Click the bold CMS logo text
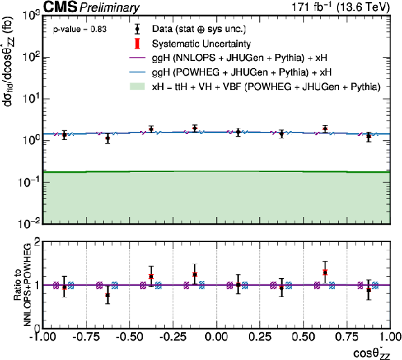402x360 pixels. (60, 7)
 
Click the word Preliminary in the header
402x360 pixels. (110, 8)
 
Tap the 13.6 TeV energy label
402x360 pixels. (363, 7)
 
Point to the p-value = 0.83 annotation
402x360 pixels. (80, 29)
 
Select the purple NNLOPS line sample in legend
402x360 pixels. (137, 58)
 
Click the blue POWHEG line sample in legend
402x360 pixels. (137, 72)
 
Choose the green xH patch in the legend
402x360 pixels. (137, 87)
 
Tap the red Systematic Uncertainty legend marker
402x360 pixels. (137, 44)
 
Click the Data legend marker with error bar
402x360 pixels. (137, 29)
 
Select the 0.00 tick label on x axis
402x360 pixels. (216, 337)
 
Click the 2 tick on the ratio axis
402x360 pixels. (37, 242)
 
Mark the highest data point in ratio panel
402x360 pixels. (325, 272)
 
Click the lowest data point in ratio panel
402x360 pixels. (107, 295)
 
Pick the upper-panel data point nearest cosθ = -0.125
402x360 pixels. (195, 128)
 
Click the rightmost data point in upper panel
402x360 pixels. (369, 136)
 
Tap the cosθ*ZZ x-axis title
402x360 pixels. (372, 353)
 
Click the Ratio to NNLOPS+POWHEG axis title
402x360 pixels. (24, 285)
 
